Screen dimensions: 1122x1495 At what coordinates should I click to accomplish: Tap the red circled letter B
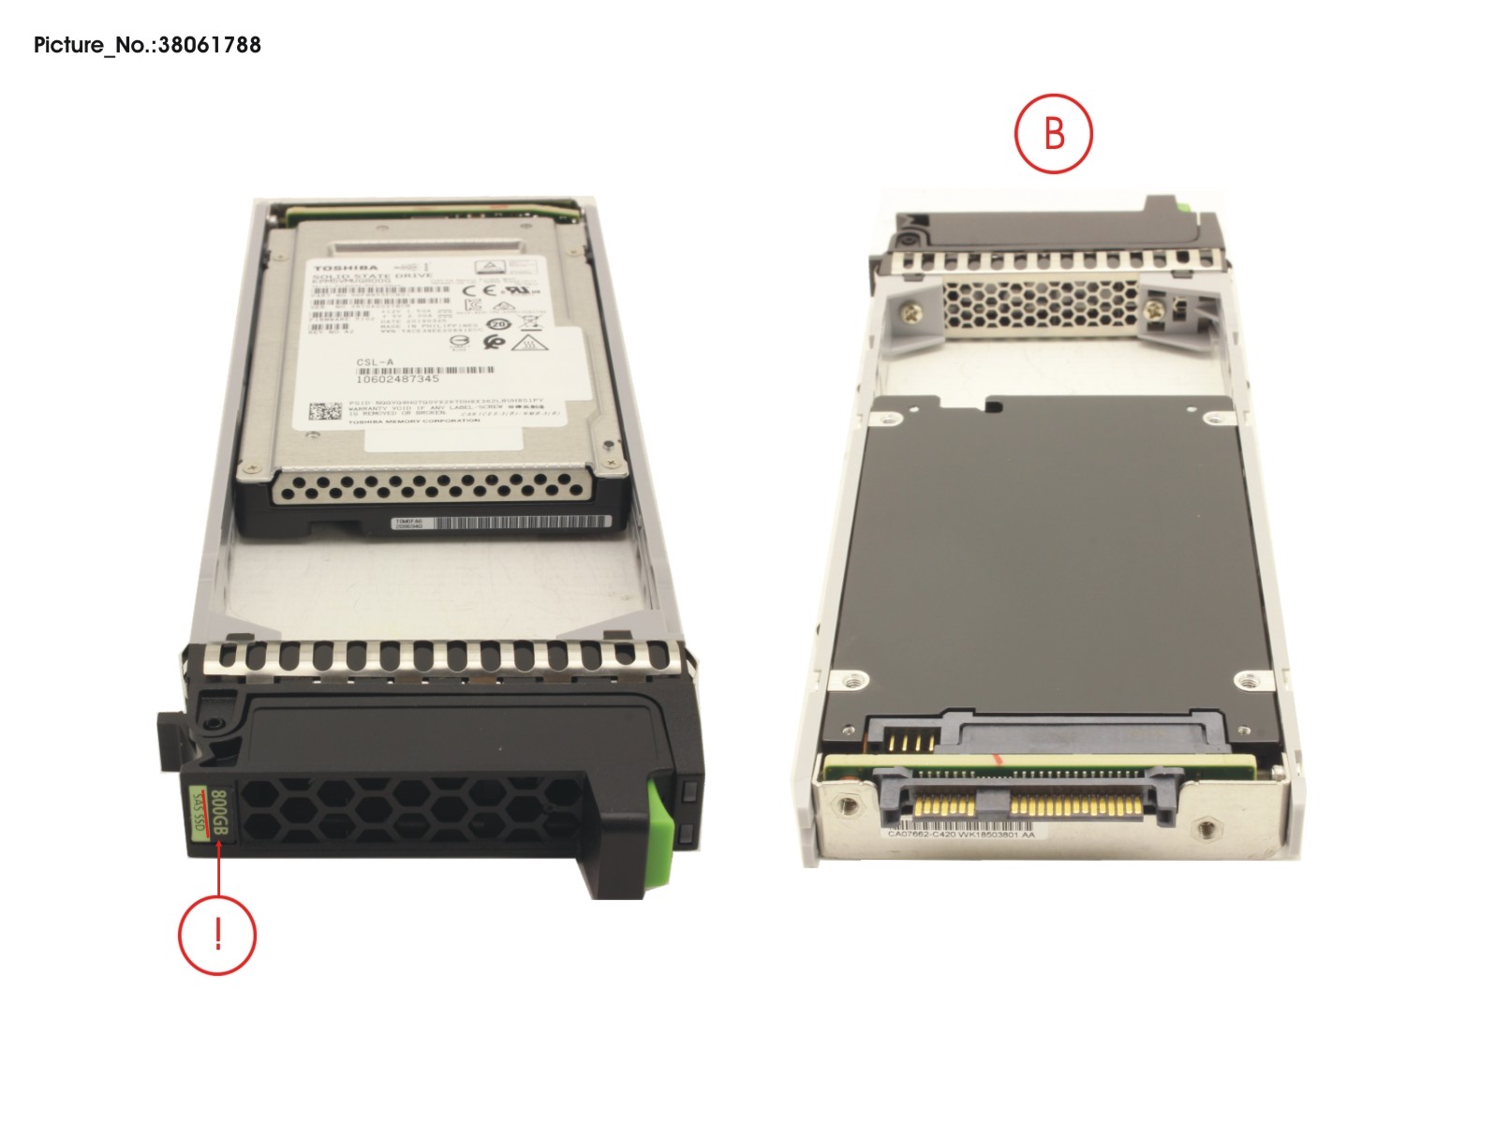pyautogui.click(x=1054, y=133)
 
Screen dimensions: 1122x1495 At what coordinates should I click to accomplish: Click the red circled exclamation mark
pyautogui.click(x=217, y=935)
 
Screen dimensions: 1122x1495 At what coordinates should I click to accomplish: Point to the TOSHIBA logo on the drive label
pyautogui.click(x=347, y=269)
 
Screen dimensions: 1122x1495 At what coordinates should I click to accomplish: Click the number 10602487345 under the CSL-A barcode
pyautogui.click(x=397, y=379)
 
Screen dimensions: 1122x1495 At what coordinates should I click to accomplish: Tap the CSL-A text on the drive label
pyautogui.click(x=375, y=362)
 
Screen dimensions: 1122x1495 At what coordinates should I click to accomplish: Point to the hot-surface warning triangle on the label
pyautogui.click(x=527, y=345)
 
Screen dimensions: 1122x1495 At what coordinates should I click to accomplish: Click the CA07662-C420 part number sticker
pyautogui.click(x=961, y=834)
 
